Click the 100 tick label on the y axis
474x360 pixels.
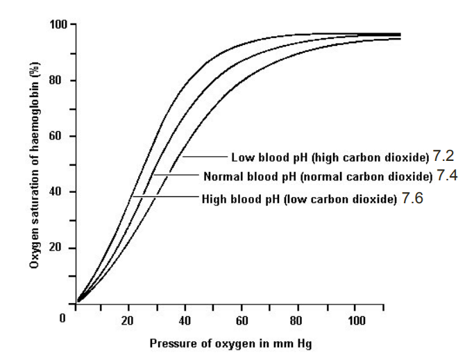click(x=58, y=25)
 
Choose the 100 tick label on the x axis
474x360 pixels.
click(x=355, y=320)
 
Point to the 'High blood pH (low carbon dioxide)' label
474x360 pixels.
click(x=300, y=198)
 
